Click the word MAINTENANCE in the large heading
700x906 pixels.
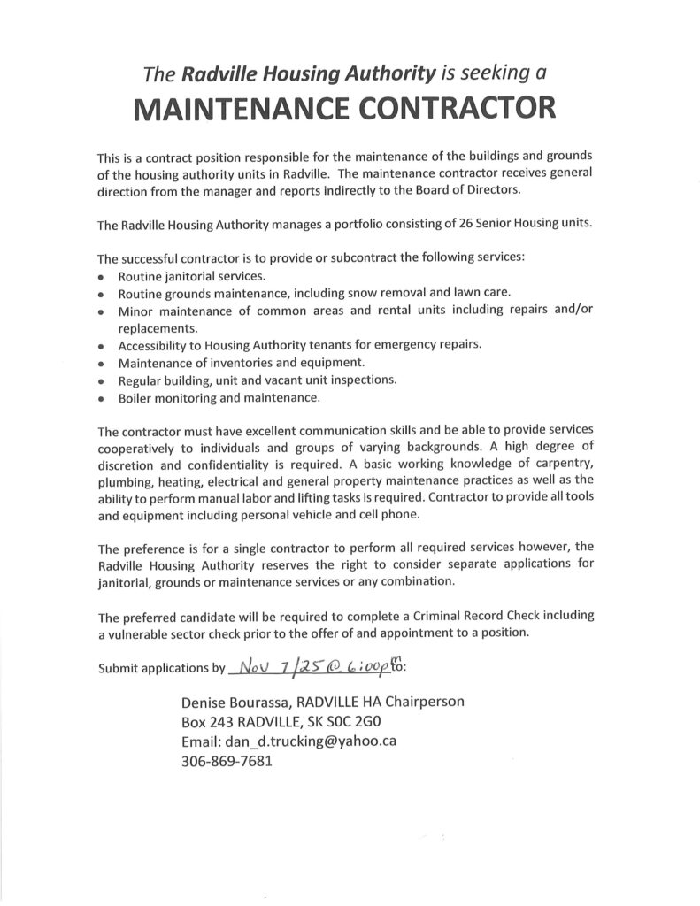(235, 109)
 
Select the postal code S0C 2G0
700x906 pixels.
(373, 721)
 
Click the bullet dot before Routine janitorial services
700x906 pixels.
(102, 278)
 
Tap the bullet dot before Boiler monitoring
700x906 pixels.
(102, 399)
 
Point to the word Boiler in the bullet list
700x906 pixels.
(136, 398)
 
